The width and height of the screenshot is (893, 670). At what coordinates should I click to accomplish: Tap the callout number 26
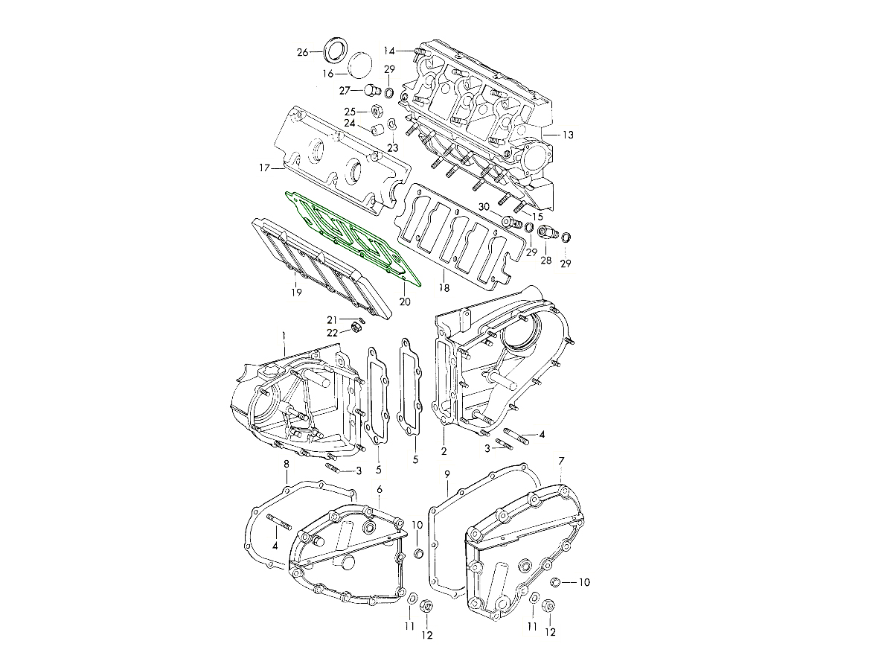click(x=302, y=52)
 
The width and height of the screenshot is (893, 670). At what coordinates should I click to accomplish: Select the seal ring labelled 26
click(x=335, y=51)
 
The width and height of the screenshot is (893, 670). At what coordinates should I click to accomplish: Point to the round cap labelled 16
click(x=360, y=65)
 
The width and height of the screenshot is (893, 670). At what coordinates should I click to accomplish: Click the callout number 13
click(x=568, y=135)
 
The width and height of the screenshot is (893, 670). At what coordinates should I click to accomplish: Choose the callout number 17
click(x=264, y=167)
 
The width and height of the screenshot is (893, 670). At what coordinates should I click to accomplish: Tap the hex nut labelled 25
click(x=376, y=111)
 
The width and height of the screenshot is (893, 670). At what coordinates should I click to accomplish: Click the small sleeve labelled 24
click(x=377, y=129)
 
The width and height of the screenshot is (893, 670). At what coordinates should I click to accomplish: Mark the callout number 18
click(x=444, y=288)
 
